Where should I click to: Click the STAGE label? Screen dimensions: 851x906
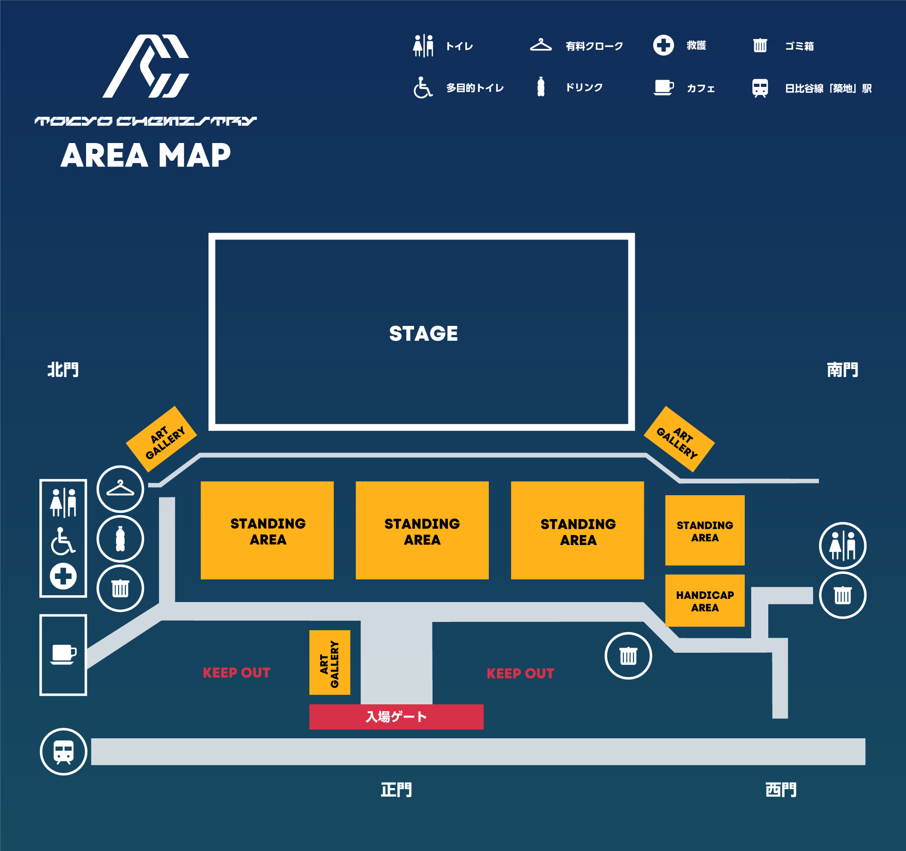tap(424, 333)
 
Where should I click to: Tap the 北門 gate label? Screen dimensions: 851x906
tap(63, 369)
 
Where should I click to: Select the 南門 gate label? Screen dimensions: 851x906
tap(842, 369)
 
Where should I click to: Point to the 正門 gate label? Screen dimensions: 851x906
tap(396, 789)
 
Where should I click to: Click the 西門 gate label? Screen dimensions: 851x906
tap(781, 789)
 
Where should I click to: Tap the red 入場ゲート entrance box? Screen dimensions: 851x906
tap(396, 717)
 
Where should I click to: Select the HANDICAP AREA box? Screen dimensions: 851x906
tap(704, 601)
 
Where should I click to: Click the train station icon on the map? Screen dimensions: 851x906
tap(63, 751)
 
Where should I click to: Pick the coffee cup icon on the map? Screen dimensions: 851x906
tap(63, 654)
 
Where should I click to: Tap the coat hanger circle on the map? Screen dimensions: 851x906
tap(120, 489)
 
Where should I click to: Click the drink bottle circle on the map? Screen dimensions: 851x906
tap(120, 539)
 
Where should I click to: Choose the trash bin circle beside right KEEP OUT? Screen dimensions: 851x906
tap(628, 655)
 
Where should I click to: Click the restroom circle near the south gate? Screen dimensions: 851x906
tap(842, 545)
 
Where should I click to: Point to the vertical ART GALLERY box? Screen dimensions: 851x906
tap(329, 663)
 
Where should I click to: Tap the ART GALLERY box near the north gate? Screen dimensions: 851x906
tap(161, 439)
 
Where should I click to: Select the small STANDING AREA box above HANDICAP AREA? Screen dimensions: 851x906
tap(704, 531)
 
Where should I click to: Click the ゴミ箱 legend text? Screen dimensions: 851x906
tap(799, 46)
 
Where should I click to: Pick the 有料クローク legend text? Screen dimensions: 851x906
tap(594, 46)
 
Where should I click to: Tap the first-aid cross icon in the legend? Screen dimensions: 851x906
tap(663, 45)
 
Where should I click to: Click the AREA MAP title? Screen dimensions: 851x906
tap(145, 155)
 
